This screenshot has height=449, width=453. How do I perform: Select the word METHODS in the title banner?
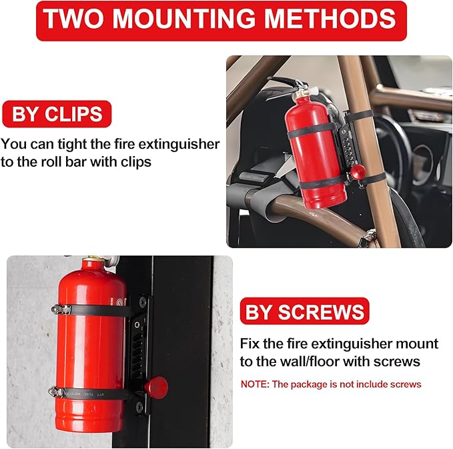coord(336,20)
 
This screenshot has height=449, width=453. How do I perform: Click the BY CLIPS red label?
coord(56,114)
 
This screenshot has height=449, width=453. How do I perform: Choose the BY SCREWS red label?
coord(305,312)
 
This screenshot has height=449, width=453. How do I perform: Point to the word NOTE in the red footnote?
coord(255,384)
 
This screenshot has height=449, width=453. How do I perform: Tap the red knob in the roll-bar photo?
coord(358,172)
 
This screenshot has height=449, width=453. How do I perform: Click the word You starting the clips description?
coord(14,143)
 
